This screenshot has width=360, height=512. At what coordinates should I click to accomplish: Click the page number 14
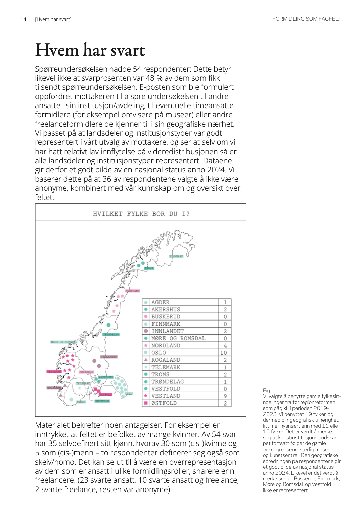coord(24,19)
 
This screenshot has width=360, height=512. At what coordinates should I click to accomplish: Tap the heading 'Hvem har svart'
coord(90,50)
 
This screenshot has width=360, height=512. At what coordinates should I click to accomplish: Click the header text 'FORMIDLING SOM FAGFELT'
coord(306,19)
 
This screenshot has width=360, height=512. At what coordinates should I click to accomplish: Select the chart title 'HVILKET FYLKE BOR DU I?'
coord(141,214)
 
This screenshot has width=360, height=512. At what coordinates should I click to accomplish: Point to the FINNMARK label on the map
coord(176,256)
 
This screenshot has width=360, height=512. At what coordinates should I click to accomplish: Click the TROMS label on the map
coord(149,268)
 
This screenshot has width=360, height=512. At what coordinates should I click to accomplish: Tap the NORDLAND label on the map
coord(132,291)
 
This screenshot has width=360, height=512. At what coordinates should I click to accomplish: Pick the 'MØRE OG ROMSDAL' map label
coord(64,342)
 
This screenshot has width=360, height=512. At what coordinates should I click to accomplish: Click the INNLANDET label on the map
coord(109,357)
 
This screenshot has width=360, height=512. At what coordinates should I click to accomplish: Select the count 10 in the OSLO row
coord(224,353)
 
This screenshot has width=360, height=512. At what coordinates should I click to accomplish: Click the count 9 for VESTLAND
coord(225,396)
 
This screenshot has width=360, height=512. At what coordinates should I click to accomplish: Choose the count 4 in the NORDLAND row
coord(225,346)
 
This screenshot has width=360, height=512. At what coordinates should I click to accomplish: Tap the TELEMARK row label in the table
coord(166,367)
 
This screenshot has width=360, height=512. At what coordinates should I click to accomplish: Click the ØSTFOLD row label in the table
coord(164,403)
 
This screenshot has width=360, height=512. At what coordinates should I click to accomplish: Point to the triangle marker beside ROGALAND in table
coord(146,360)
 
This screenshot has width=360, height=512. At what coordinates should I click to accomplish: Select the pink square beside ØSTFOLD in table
coord(146,403)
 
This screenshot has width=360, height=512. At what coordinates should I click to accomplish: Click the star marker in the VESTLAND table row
coord(146,396)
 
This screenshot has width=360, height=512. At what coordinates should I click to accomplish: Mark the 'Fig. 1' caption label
coord(269,390)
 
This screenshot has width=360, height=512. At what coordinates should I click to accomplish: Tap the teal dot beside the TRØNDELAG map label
coord(108,325)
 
